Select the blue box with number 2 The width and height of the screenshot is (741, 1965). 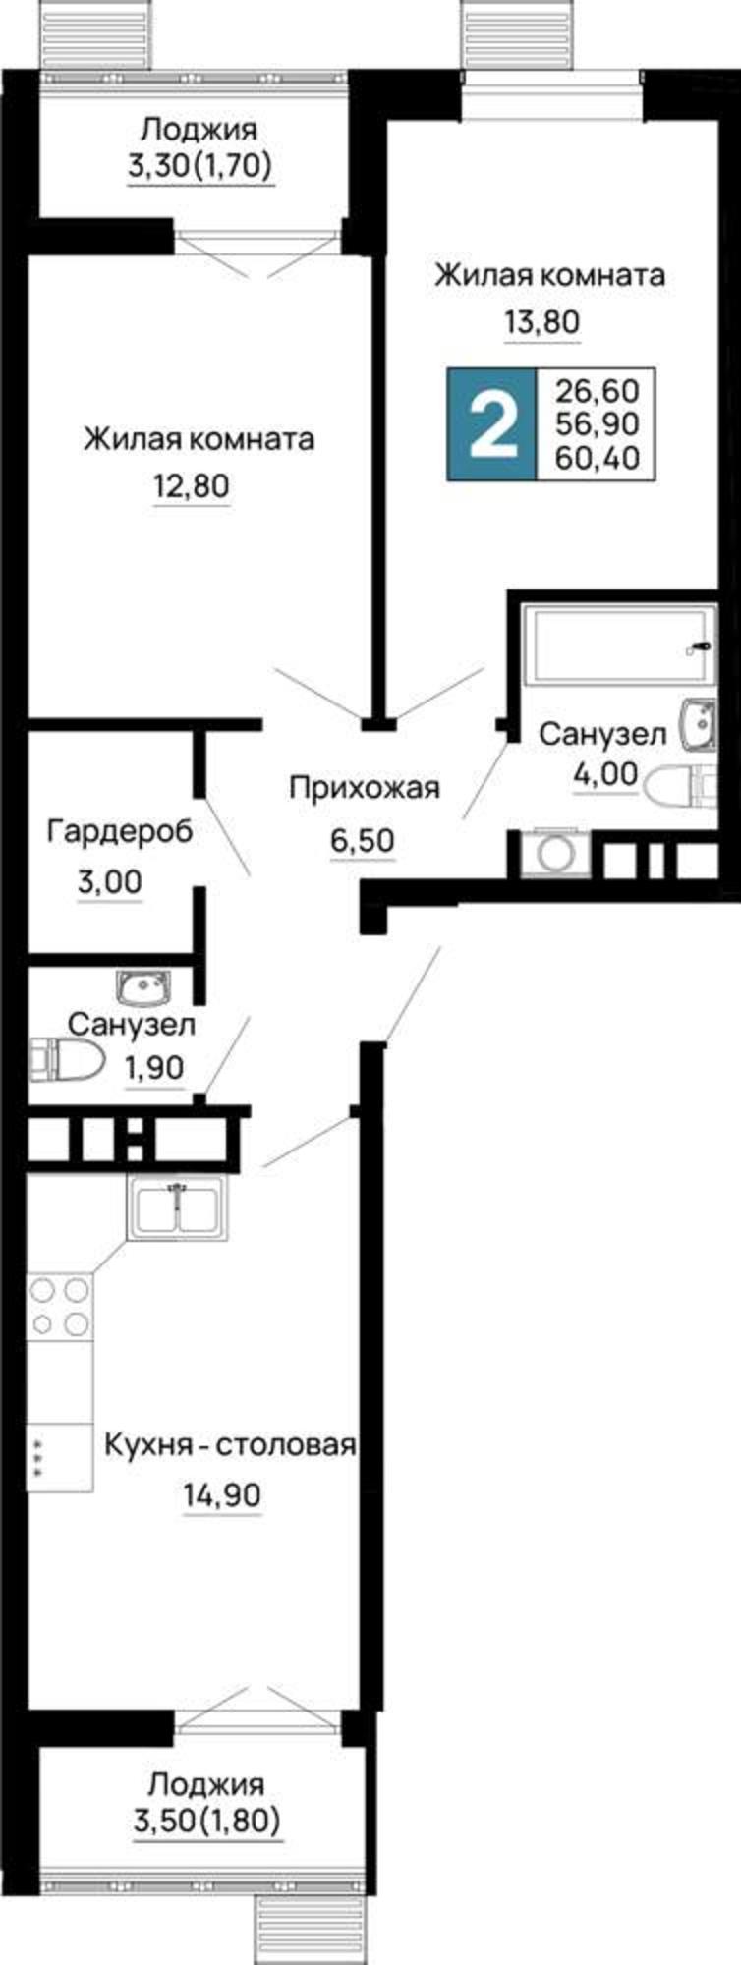(x=492, y=424)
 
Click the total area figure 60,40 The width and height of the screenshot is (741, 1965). (x=597, y=457)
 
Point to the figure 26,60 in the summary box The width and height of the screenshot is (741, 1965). (x=597, y=391)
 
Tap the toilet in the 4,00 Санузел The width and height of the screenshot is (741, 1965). (x=678, y=784)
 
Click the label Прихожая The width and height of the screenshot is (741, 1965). (x=364, y=787)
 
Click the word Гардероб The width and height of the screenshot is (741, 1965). (x=121, y=831)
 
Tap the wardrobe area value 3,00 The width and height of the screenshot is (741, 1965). (x=109, y=882)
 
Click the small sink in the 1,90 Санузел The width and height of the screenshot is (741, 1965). (x=143, y=985)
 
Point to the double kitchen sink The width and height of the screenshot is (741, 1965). (x=177, y=1207)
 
